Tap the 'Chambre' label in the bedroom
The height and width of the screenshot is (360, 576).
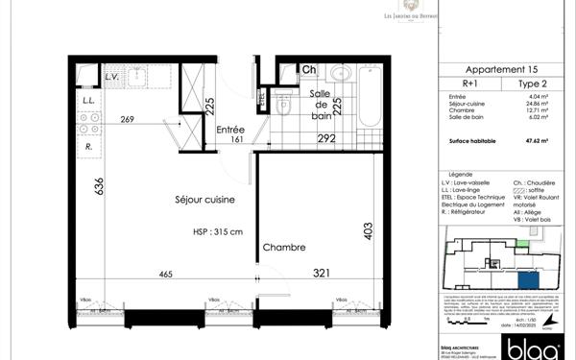coord(284,248)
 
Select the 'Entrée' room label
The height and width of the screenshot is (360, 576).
coord(230,130)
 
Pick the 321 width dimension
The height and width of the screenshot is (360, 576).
coord(322,275)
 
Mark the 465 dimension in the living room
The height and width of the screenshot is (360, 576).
coord(165,275)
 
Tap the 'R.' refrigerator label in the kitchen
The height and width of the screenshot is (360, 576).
coord(88,147)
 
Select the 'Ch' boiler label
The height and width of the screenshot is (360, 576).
coord(309,69)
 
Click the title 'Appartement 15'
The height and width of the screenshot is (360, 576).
coord(501,70)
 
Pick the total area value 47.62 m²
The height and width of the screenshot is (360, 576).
coord(546,140)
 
